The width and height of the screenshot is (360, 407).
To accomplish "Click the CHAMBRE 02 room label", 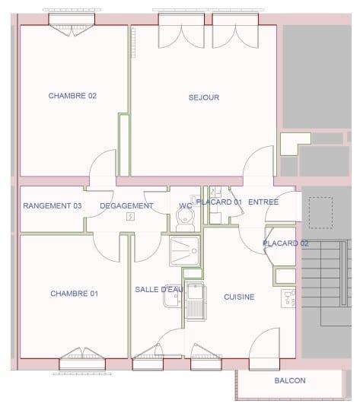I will pos(72,96).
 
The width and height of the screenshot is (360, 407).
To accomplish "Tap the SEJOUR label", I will pos(204,97).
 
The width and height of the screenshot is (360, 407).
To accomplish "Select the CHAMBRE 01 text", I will pos(74,294).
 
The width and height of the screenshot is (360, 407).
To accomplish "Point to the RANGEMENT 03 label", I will pos(52,206).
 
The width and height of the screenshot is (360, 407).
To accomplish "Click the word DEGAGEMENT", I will pos(126,206).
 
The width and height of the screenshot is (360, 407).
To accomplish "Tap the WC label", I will pos(186,206).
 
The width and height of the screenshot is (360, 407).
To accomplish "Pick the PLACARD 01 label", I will pos(218,202).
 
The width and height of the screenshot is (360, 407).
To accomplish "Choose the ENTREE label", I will pos(263,202).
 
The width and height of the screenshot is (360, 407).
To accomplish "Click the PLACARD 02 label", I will pos(285,243).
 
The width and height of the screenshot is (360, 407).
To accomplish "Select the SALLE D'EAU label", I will pos(159,290).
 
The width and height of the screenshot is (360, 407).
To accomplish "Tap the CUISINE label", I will pos(239,297).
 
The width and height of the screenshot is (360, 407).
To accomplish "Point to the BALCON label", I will pos(290,381).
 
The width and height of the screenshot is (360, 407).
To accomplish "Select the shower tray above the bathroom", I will pos(183,250).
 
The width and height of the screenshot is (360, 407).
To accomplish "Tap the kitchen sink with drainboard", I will pos(195,301).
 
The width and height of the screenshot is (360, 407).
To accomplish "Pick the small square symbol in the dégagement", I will pos(130,216).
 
